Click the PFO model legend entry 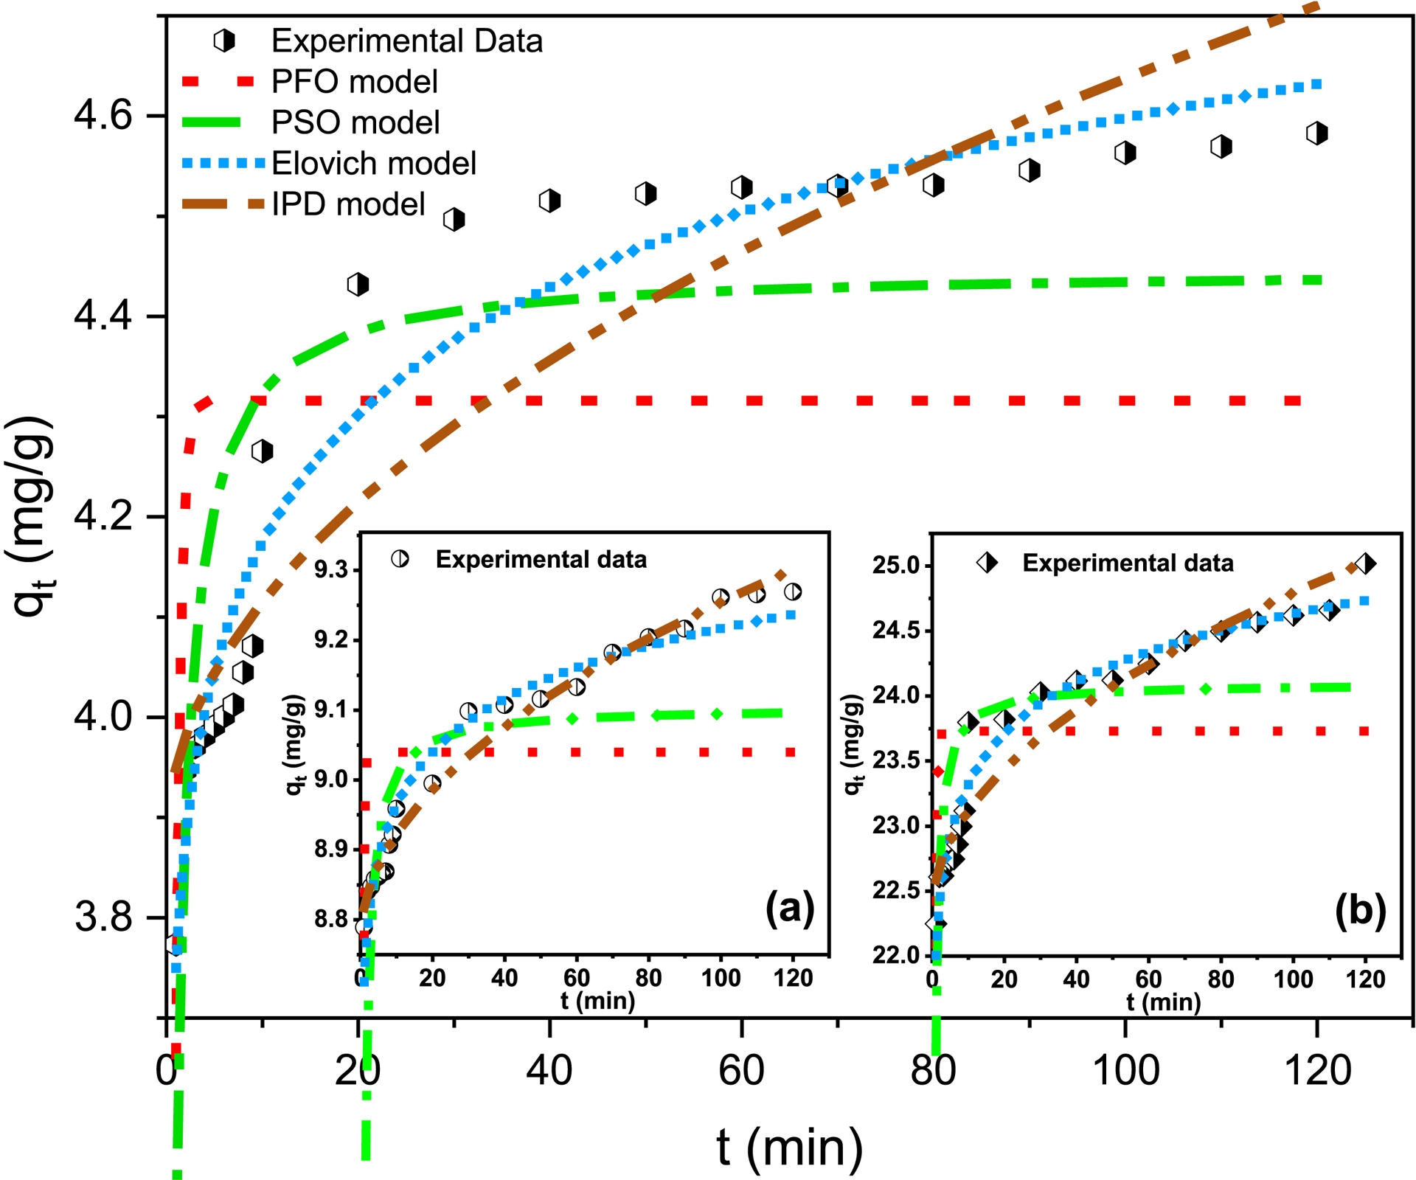[354, 81]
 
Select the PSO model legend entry [355, 122]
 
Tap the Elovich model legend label [374, 163]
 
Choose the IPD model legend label [348, 204]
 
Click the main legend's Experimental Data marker [224, 41]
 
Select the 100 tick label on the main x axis [1125, 1070]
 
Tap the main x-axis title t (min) [789, 1148]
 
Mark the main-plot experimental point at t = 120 [1316, 133]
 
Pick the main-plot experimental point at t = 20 [358, 284]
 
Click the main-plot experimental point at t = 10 [262, 451]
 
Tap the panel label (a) [789, 908]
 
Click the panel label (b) [1360, 909]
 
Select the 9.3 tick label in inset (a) [331, 570]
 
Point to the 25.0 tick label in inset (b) [897, 566]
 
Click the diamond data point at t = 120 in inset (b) [1365, 564]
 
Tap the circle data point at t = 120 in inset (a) [793, 591]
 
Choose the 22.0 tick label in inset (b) [897, 956]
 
